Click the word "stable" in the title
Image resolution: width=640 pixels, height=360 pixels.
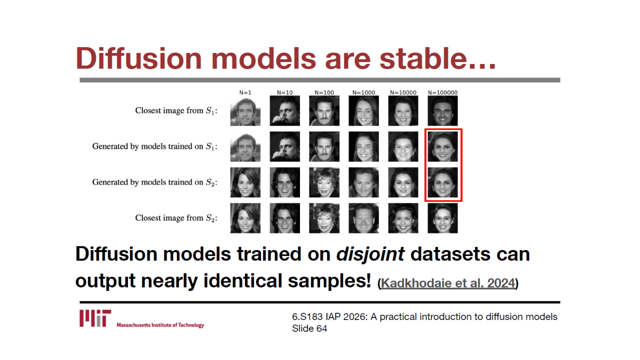coord(423,58)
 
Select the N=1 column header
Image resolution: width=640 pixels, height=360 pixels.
coord(245,92)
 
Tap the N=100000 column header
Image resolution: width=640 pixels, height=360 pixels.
coord(442,92)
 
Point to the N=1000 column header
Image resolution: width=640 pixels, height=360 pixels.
coord(363,92)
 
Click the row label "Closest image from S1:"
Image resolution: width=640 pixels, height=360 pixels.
coord(176,110)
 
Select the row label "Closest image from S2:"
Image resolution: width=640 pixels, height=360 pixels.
coord(176,218)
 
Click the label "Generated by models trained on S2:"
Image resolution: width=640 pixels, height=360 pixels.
coord(155,182)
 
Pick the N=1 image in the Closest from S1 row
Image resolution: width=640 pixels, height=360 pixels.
coord(245,111)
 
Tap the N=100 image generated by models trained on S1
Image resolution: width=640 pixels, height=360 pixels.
coord(324,146)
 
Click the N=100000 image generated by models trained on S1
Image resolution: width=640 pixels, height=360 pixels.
coord(442,146)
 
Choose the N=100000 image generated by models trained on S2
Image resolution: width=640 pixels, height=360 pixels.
coord(442,182)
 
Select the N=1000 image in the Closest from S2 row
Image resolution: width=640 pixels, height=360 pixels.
coord(363,218)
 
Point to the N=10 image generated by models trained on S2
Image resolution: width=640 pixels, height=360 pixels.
coord(285,182)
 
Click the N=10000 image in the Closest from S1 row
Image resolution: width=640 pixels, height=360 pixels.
coord(403,111)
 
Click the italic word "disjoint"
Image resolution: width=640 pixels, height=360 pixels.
coord(370,254)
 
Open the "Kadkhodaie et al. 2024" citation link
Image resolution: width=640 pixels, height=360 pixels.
coord(448,283)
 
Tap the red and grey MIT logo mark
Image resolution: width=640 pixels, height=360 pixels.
coord(95,318)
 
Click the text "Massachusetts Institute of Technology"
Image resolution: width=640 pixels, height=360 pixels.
coord(160,325)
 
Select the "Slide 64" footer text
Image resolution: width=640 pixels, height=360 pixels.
coord(309,328)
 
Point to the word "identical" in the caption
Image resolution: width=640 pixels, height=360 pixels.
coord(242,280)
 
